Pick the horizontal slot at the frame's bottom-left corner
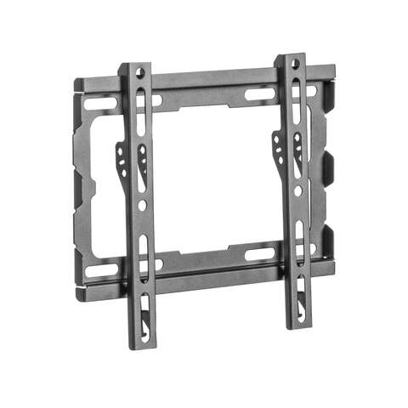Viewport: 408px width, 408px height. (99, 270)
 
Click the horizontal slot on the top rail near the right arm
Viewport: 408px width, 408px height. (259, 93)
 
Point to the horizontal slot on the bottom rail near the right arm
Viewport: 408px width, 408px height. (259, 253)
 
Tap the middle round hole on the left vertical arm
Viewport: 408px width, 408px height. (142, 205)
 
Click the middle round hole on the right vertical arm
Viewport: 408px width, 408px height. (297, 191)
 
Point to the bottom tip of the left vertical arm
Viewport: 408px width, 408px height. (144, 344)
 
